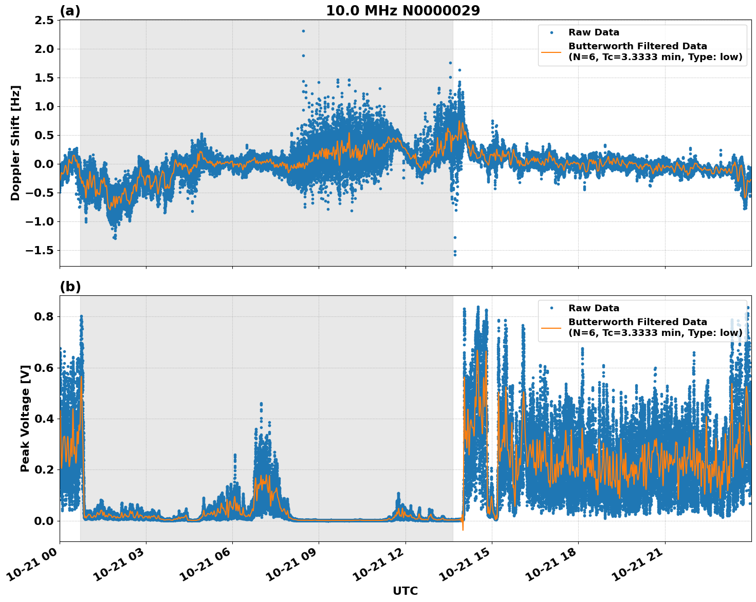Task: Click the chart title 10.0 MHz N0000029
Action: coord(402,11)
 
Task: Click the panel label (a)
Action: coord(70,11)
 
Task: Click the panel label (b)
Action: coord(70,287)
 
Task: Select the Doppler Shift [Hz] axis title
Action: coord(15,143)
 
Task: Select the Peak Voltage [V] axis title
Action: coord(25,418)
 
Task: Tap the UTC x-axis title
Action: coord(405,591)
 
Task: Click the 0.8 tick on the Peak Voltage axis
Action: coord(43,316)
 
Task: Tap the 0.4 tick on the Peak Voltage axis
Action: coord(43,419)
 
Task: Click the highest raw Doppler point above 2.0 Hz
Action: coord(303,31)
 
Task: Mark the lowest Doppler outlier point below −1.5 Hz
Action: coord(454,255)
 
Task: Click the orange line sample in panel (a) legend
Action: coord(551,51)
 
